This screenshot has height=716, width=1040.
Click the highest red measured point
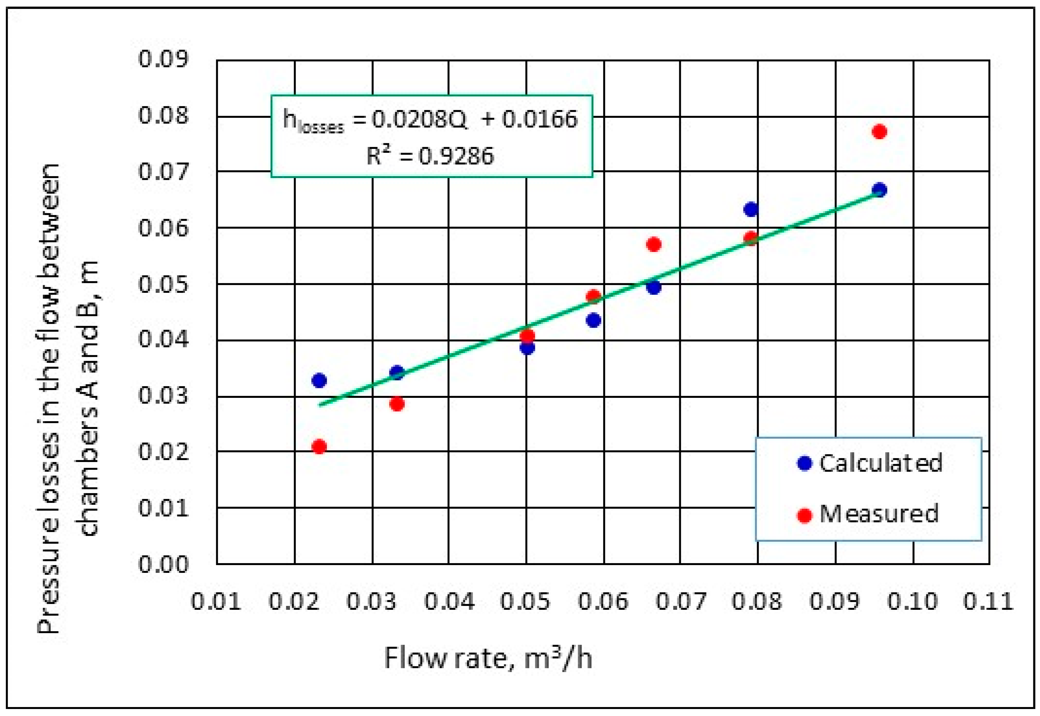[x=879, y=131]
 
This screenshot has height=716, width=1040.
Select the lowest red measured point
[x=319, y=447]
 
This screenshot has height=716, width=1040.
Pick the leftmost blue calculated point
[x=319, y=380]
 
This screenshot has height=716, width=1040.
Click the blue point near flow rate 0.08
[x=751, y=209]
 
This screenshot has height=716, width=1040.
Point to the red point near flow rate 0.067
[x=654, y=245]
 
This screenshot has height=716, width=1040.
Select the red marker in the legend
[x=805, y=515]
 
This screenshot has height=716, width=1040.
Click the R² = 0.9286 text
[x=430, y=156]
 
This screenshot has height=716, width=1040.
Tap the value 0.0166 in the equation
[x=539, y=119]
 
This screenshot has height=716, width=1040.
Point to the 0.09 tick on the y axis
[x=163, y=59]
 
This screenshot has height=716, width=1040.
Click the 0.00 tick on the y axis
[x=163, y=564]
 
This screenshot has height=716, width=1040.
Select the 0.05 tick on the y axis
[x=163, y=284]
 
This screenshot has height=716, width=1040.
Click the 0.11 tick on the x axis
[x=988, y=601]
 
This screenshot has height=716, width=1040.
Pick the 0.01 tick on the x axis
[x=216, y=601]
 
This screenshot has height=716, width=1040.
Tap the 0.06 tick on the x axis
[x=603, y=601]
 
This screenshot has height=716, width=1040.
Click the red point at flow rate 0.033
[x=396, y=404]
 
